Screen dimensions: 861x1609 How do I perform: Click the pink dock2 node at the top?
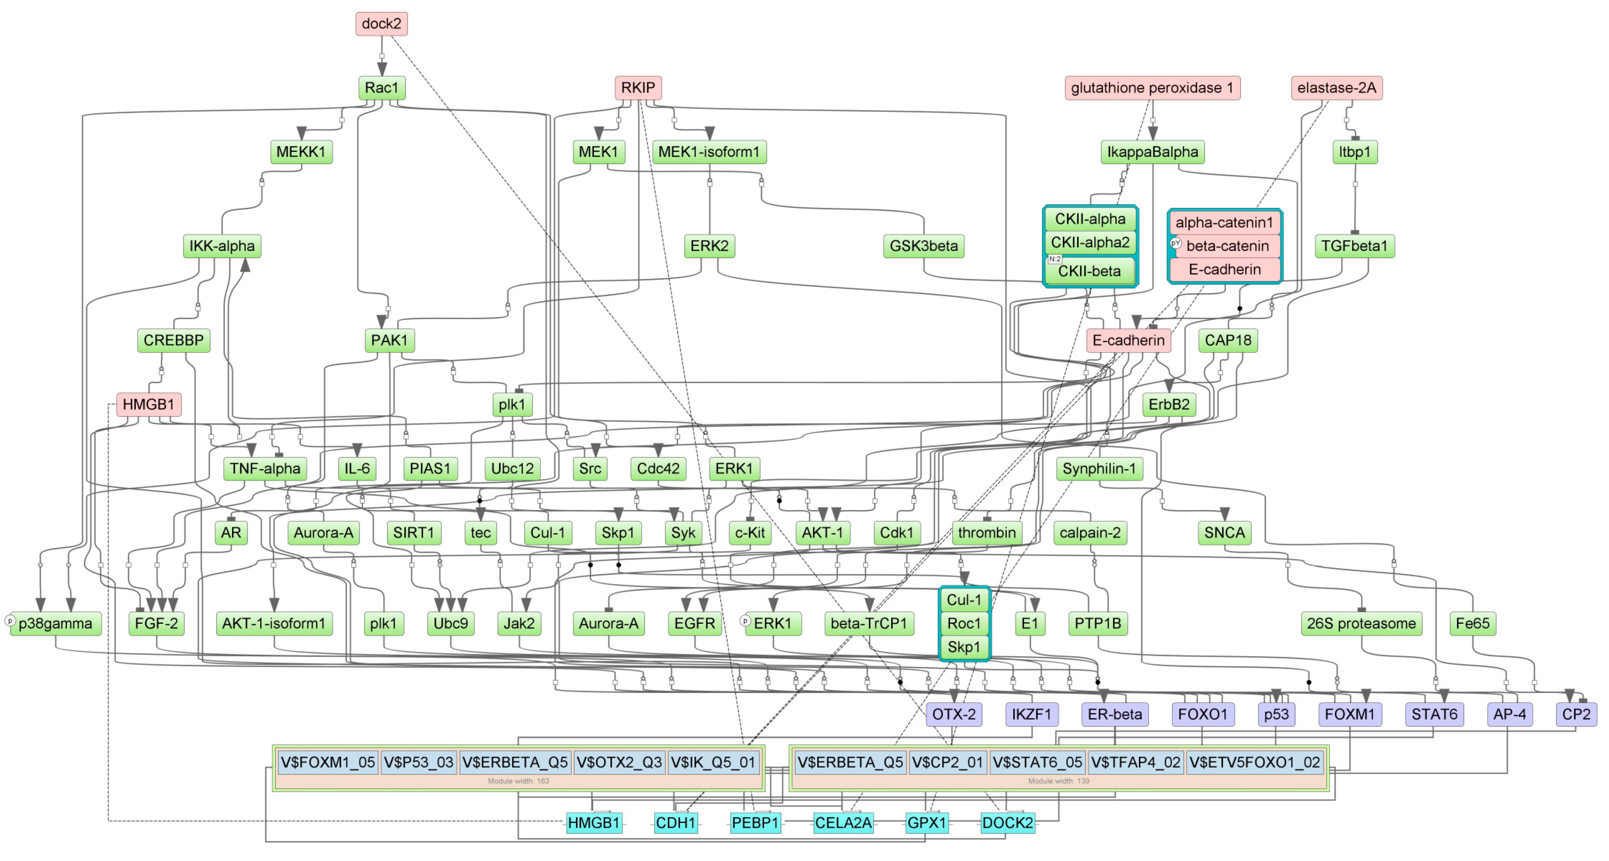381,24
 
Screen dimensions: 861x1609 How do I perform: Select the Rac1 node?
381,88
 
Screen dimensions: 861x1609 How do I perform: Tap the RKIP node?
638,88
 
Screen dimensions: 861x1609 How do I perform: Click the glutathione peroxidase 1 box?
1152,88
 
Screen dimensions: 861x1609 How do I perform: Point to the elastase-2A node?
1336,88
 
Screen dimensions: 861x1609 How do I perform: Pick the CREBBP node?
174,341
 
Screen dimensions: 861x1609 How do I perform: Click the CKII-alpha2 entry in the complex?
1090,243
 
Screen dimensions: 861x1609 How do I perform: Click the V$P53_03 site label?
418,762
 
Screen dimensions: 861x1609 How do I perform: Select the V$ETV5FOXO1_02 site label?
1254,762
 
